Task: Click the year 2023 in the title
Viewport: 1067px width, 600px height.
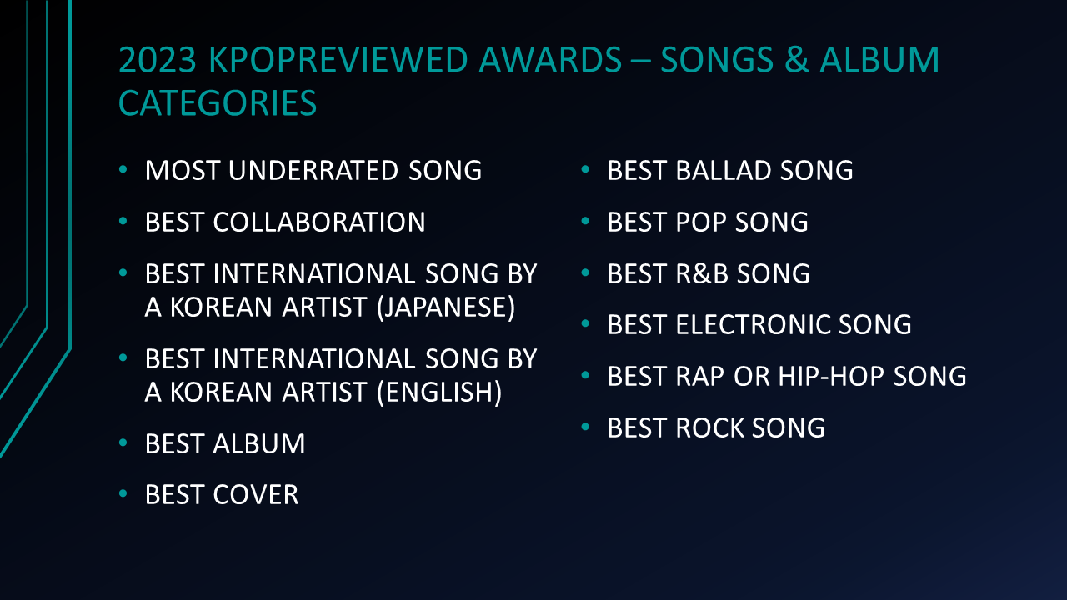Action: coord(158,60)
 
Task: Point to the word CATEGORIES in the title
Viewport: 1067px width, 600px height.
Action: coord(218,102)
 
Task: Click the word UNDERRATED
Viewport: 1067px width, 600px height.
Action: coord(313,171)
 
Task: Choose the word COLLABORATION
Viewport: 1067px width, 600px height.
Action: coord(319,222)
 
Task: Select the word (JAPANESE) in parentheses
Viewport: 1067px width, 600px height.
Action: coord(446,307)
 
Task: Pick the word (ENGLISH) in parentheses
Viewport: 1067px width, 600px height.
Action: coord(439,392)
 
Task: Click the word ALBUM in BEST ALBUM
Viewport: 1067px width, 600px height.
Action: coord(258,444)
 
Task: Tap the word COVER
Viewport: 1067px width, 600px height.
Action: coord(256,495)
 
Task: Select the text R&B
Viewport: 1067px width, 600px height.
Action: coord(702,274)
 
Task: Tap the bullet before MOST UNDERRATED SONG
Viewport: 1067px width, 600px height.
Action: coord(123,169)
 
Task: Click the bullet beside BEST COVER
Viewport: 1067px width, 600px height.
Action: coord(123,493)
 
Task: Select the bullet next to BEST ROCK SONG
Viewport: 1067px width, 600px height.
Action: coord(585,426)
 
